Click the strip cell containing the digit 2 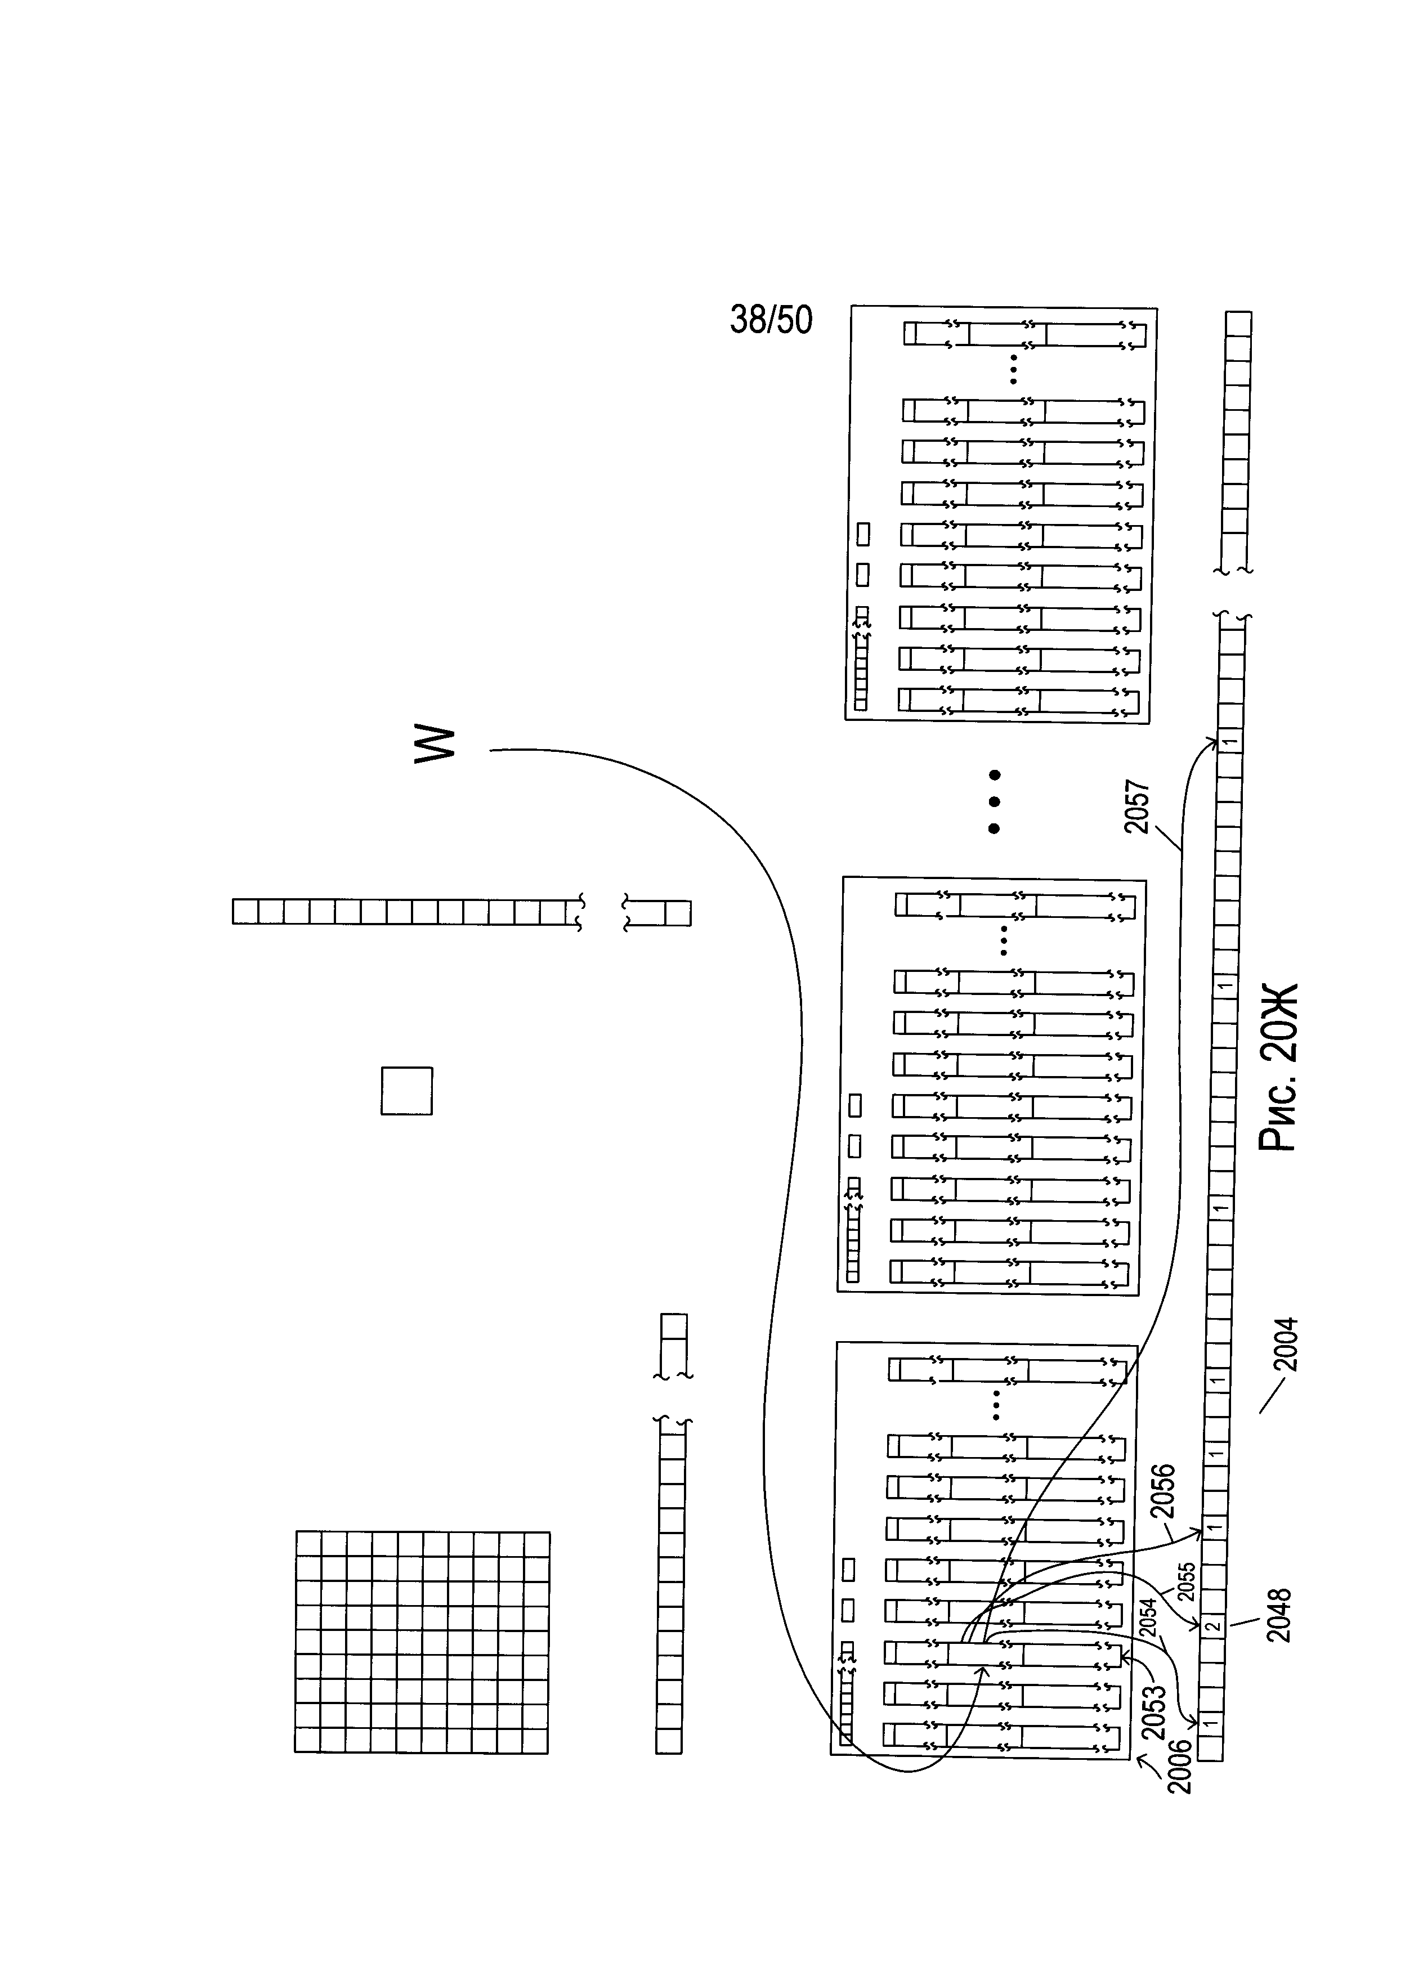point(1214,1625)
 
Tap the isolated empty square point(407,1091)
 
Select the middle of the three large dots point(995,801)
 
